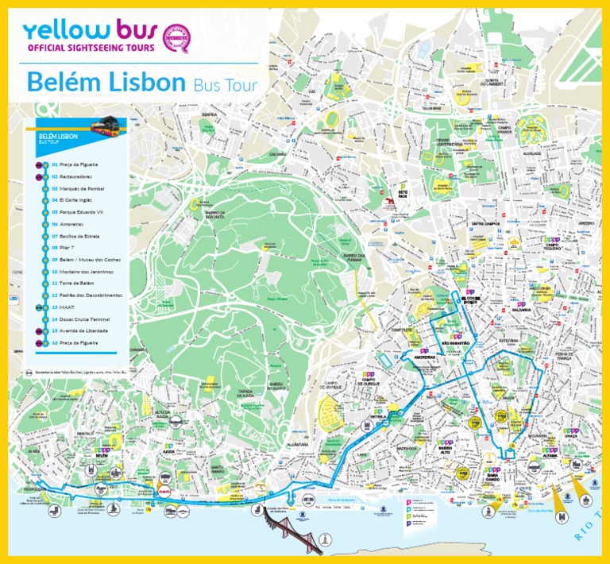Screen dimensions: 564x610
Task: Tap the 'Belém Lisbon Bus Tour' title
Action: click(x=141, y=82)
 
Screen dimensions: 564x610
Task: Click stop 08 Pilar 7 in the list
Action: click(x=64, y=248)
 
